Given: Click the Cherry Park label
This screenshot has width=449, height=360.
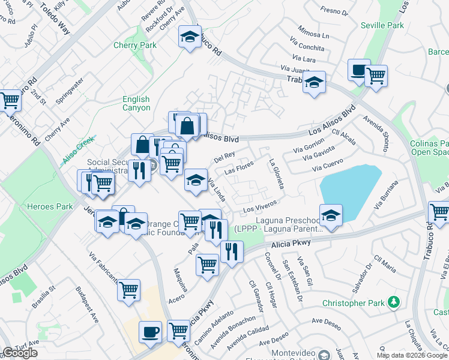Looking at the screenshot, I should [x=135, y=45].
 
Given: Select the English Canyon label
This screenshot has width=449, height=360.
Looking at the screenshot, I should [x=136, y=103].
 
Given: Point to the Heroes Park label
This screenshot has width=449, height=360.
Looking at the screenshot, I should [x=49, y=206].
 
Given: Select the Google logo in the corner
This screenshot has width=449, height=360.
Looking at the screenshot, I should [x=20, y=353].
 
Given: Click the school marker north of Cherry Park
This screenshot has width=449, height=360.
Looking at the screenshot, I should [x=190, y=38].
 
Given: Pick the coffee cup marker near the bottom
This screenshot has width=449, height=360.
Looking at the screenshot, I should [x=150, y=332].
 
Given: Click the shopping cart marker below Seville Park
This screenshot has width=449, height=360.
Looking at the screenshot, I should [x=376, y=76].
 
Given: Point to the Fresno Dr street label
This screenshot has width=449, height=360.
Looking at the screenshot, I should [x=334, y=11].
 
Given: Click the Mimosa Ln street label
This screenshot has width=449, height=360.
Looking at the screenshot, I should [x=316, y=35].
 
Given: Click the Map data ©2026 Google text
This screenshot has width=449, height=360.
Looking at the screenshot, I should [x=412, y=355].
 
